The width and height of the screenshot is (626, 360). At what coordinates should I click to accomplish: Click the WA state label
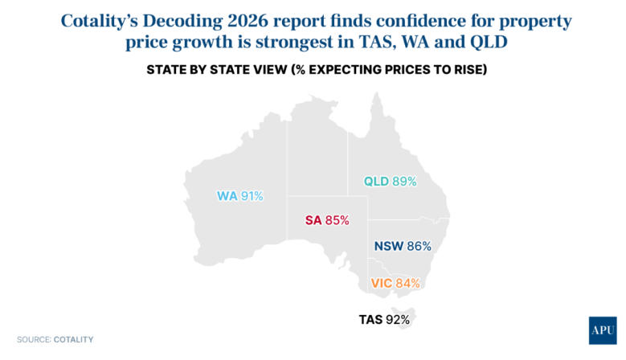[x=227, y=195]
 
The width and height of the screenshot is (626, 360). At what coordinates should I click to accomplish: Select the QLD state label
[x=376, y=182]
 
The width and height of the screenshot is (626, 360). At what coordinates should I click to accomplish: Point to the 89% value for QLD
[x=404, y=182]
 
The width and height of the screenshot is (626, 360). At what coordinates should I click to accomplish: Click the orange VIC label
[x=382, y=283]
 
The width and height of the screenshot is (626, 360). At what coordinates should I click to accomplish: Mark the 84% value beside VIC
[x=408, y=283]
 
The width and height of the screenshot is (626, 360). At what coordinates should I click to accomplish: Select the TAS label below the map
[x=370, y=320]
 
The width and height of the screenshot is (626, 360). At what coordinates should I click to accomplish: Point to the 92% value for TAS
[x=398, y=320]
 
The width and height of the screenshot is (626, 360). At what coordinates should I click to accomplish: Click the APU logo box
[x=601, y=330]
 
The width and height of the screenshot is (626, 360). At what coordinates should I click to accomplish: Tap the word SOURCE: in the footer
[x=34, y=340]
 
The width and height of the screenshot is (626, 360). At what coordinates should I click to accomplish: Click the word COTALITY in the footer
[x=74, y=340]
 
